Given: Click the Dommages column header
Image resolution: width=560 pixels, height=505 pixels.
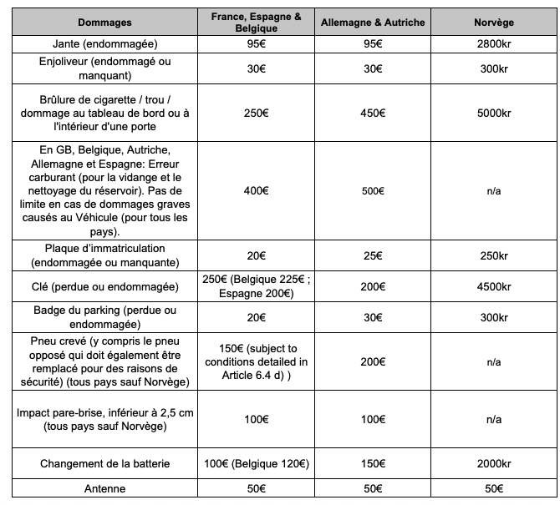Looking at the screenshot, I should point(105,23).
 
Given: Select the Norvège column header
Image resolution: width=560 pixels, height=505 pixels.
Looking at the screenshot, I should point(493,23).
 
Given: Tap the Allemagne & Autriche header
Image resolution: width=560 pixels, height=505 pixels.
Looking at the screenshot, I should point(373,23).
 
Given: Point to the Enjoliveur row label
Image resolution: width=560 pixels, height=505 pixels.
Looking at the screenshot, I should point(105,68).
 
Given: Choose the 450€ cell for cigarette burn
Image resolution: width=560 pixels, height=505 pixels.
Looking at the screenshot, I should point(373,114).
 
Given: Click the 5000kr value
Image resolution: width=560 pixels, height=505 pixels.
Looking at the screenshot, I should point(493,114).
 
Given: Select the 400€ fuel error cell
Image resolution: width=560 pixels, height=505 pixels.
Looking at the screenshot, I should point(255,191).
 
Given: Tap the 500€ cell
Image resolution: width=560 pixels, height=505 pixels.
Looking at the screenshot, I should point(373,191).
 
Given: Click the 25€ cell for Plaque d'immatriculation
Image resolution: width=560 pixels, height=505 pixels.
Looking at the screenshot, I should point(373,255).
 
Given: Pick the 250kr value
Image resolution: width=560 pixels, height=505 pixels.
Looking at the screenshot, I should point(493,255).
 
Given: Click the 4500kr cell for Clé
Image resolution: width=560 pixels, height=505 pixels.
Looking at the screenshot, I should point(493,287).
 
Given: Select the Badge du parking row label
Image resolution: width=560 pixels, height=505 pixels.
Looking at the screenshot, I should point(105,318).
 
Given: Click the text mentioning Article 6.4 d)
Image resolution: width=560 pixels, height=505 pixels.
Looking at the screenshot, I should point(255,361).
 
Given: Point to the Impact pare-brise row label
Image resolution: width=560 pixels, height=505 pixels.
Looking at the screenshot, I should point(105,420).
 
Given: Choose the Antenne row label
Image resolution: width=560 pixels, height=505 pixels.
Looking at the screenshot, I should point(105,488).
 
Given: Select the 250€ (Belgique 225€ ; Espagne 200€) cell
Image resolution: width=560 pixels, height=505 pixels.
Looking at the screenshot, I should point(255,287).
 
